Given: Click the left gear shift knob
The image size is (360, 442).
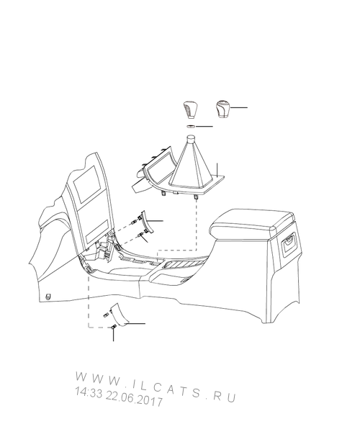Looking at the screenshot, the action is tap(189, 109).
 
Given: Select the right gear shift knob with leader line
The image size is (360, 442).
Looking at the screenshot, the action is tap(223, 109).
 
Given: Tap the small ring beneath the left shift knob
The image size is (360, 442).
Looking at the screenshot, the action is tap(192, 126).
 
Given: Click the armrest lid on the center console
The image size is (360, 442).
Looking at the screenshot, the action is tap(252, 222).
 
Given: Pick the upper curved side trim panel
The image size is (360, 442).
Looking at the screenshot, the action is tap(147, 223).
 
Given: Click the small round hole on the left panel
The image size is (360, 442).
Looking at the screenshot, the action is tap(49, 297).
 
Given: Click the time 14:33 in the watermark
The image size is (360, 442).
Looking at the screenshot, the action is tap(89, 393).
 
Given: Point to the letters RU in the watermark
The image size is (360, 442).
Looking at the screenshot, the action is tap(225, 397).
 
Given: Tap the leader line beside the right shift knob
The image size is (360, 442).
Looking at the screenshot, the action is tap(239, 107).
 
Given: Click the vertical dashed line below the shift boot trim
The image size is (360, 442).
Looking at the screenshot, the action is tap(196, 225).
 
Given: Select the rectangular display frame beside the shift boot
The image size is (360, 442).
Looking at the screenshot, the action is tap(159, 168).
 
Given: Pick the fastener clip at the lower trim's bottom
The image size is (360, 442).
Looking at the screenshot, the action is tap(114, 326).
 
